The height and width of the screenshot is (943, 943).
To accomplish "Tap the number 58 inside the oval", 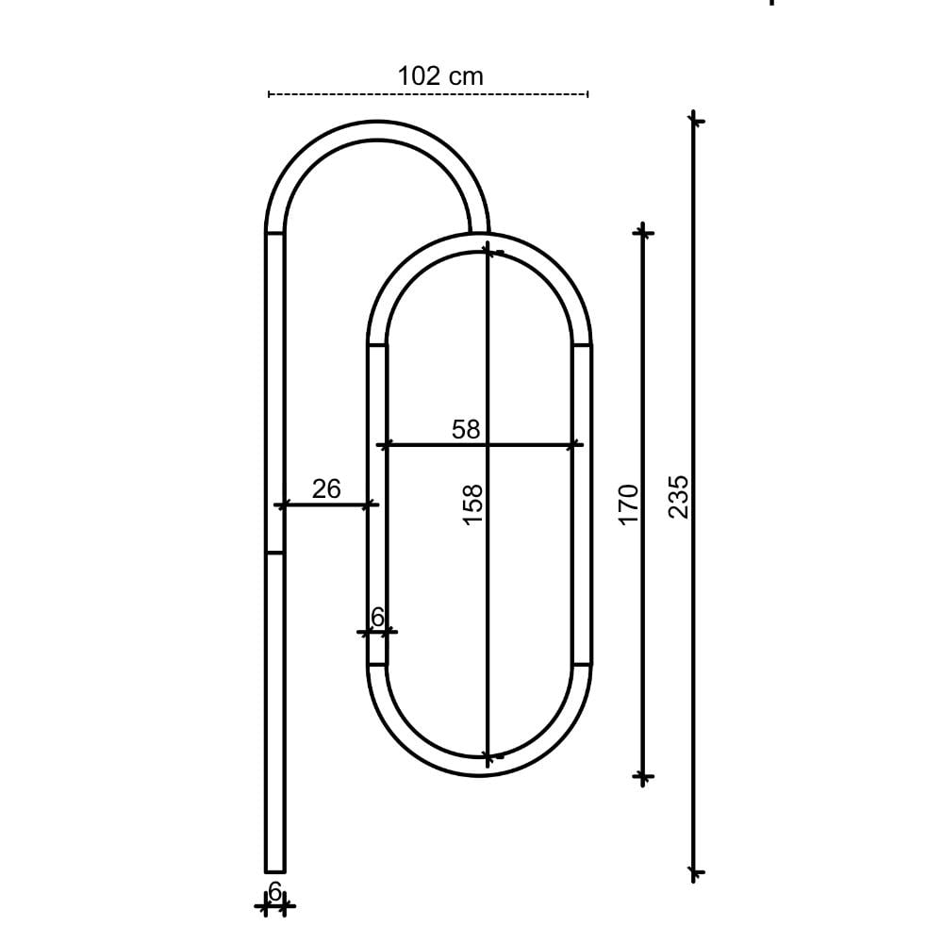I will coord(466,430).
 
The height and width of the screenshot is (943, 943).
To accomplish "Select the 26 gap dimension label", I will coord(326,488).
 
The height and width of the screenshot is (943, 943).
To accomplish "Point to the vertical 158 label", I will coord(472,505).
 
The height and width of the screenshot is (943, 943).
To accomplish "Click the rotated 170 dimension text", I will coord(628,504).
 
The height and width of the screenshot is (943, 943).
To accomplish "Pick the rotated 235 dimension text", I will coord(679,496).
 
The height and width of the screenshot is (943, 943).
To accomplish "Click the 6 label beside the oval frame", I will coord(377,618).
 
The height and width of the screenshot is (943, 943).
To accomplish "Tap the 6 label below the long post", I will coord(274,891).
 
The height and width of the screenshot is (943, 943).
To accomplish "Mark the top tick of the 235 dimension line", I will coord(694,120).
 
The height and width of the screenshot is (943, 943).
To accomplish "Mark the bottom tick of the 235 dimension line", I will coord(694,873).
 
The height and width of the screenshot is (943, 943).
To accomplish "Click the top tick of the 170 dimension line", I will coord(643,230).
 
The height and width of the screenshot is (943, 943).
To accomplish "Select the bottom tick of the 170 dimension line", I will coord(643,777).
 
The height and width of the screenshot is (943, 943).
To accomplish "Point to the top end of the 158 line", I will coord(488,250).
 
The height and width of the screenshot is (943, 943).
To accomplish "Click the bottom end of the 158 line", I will coord(488,756).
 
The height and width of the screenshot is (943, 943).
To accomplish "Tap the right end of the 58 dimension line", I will coord(575,444).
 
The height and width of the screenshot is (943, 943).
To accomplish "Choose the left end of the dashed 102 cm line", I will coord(270,94).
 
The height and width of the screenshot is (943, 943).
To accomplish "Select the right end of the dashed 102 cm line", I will coord(587,94).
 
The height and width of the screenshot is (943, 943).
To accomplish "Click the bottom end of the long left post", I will coord(274,869).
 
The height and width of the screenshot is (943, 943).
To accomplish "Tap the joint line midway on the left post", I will coord(274,553).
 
